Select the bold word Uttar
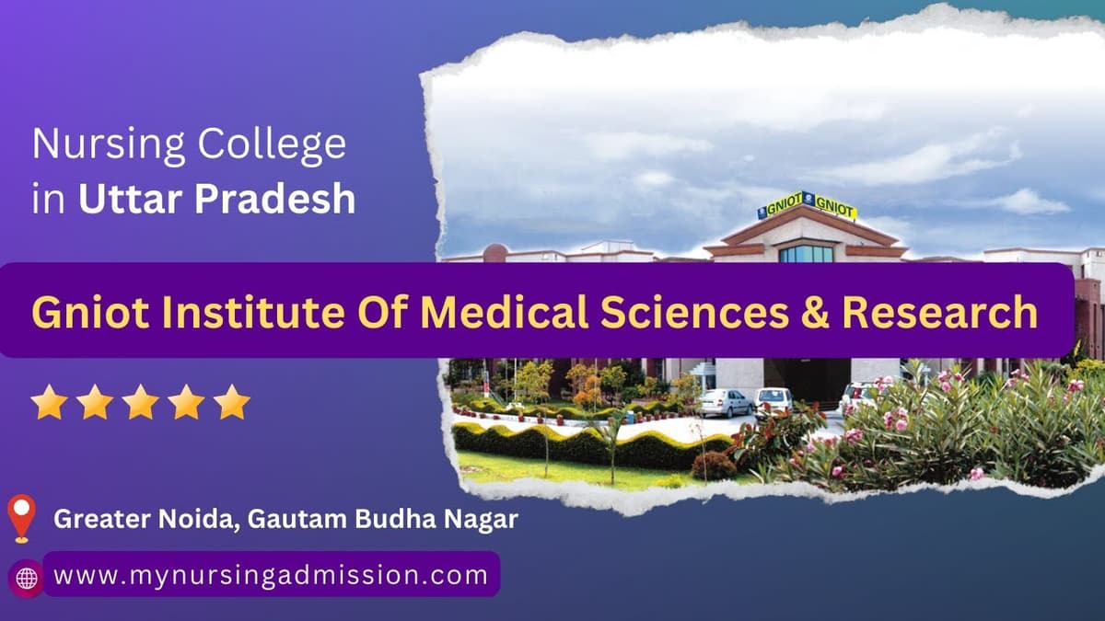[130, 199]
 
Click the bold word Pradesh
[274, 199]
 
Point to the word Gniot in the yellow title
[90, 312]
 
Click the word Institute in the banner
[253, 312]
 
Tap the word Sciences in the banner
[694, 312]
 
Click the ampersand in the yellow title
[815, 313]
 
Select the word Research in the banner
[940, 312]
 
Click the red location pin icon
[22, 519]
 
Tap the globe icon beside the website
[27, 578]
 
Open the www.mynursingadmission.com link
[271, 575]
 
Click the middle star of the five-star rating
[141, 402]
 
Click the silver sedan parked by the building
[726, 403]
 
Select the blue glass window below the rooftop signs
[807, 254]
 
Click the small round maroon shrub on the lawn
[714, 466]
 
